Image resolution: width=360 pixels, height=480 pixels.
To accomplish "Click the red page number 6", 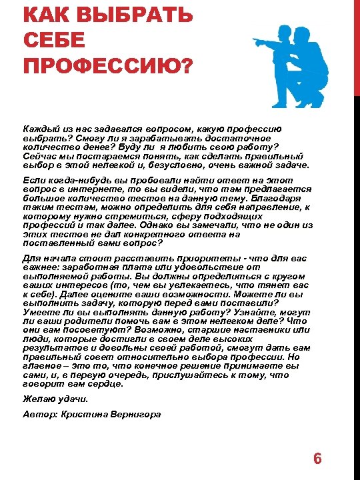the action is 317,459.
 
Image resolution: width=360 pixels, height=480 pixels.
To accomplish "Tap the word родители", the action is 77,320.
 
